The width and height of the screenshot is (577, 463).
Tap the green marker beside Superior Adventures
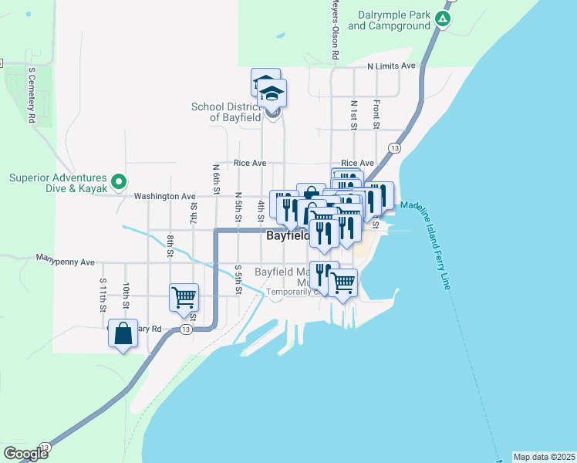coord(118,182)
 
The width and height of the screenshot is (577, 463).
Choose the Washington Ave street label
coord(164,197)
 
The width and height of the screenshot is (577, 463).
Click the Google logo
coord(25,453)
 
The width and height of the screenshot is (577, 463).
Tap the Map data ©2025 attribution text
coord(543,456)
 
